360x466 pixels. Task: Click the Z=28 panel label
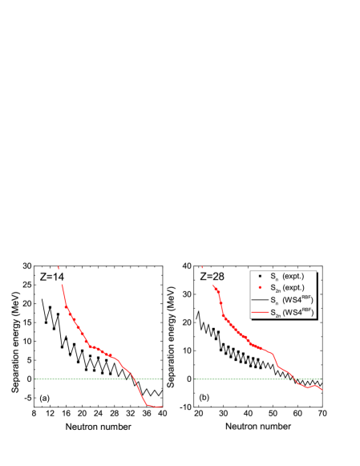[x=212, y=277]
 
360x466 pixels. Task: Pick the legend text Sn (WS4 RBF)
[x=292, y=299]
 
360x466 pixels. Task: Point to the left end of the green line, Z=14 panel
[x=36, y=379]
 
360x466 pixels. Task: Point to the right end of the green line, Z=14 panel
[x=162, y=379]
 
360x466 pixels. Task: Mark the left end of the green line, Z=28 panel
[x=196, y=379]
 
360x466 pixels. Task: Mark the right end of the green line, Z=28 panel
[x=322, y=379]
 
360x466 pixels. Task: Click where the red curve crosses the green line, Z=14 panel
[x=133, y=379]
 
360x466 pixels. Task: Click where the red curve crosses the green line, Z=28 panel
[x=294, y=379]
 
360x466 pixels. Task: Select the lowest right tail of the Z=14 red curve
[x=160, y=407]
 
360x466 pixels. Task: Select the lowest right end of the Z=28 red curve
[x=322, y=391]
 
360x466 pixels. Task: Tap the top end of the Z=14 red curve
[x=61, y=287]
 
